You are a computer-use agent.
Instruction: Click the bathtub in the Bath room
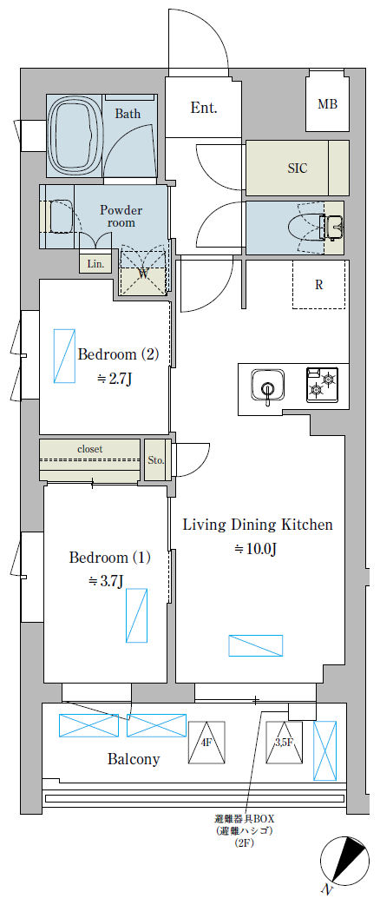point(75,135)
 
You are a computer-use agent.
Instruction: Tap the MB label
point(328,104)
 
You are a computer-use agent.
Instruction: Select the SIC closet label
point(298,168)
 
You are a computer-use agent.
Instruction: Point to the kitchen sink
point(267,385)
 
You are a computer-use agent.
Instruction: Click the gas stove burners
point(323,385)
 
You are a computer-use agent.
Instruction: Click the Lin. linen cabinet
point(95,264)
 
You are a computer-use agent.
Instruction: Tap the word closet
point(90,448)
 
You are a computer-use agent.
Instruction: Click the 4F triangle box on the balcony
point(206,742)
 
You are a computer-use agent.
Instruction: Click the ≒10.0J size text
point(256,550)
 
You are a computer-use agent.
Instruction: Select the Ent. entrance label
point(204,108)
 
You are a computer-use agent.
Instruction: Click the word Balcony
point(134,758)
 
